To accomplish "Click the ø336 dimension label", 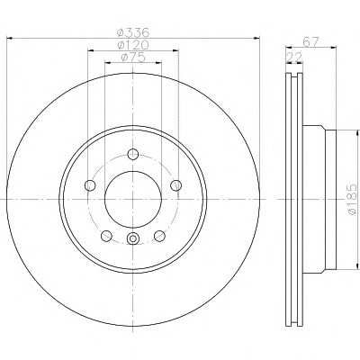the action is click(x=133, y=31).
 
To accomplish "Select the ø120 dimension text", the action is click(x=133, y=45).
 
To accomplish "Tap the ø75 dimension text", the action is click(x=133, y=57).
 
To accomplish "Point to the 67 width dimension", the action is click(x=310, y=41).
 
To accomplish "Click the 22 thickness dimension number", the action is click(x=294, y=57).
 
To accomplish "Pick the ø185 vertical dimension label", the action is click(x=352, y=199).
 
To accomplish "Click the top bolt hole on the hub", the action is click(x=132, y=155).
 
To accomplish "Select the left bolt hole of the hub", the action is click(x=90, y=185).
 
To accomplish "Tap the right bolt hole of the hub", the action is click(x=175, y=185).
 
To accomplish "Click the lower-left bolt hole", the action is click(x=106, y=236).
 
